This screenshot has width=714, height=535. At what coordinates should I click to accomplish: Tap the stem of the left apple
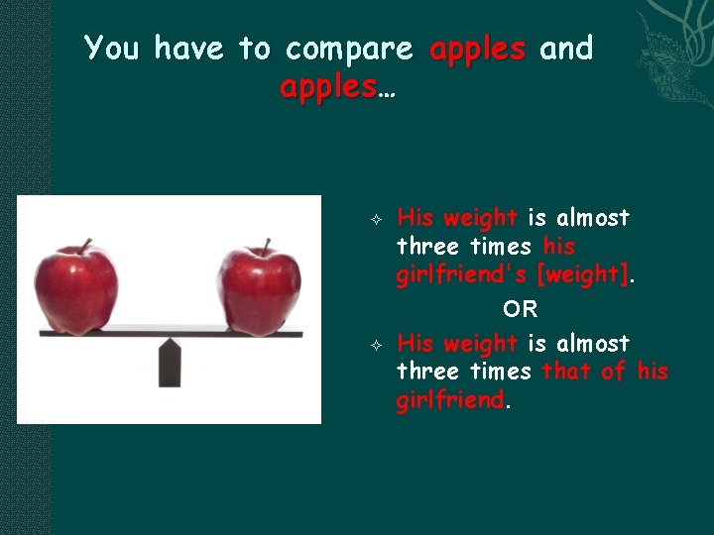(x=87, y=245)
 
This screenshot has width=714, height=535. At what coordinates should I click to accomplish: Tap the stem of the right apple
(x=267, y=244)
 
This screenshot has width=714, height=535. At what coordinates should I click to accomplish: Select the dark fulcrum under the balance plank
(x=171, y=363)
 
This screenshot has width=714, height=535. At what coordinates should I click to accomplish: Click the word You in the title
(x=112, y=48)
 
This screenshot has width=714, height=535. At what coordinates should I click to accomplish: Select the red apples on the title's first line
(x=477, y=48)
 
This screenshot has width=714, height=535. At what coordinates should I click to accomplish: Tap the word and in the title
(x=565, y=48)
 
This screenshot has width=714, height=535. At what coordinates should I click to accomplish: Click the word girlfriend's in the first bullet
(x=461, y=275)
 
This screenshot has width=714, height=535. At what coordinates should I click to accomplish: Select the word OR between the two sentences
(x=520, y=309)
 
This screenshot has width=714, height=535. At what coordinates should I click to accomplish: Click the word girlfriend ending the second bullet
(x=450, y=400)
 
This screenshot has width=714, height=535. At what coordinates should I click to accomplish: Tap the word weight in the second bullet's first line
(x=480, y=344)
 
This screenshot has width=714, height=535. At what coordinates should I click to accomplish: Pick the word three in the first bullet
(x=427, y=247)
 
